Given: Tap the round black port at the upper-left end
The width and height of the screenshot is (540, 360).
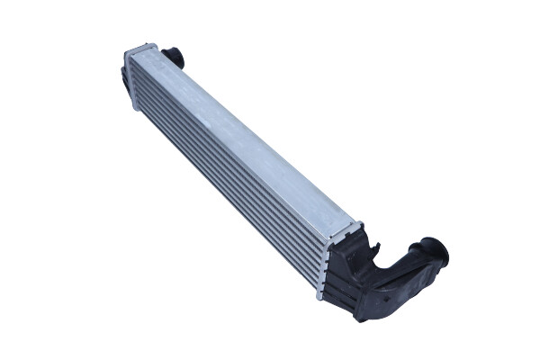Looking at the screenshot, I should point(174,57).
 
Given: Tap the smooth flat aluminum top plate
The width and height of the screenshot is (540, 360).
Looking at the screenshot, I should point(252,135).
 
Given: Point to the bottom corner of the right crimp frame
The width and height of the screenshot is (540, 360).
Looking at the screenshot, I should point(319,294).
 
